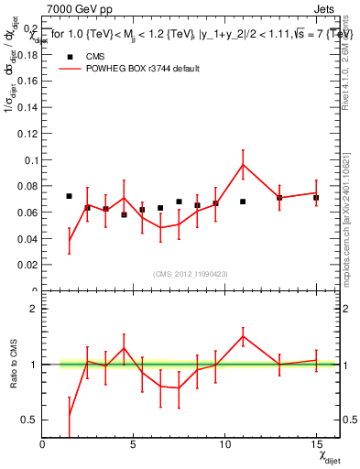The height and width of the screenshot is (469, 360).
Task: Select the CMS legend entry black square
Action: [x=70, y=56]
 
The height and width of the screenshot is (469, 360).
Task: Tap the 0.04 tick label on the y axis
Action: [x=27, y=239]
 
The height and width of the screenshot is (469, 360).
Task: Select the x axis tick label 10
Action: [x=224, y=444]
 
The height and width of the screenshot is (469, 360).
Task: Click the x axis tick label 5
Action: [x=134, y=444]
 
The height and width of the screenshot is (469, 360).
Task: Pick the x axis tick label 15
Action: [x=315, y=444]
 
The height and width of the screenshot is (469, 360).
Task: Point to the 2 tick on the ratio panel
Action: [x=35, y=309]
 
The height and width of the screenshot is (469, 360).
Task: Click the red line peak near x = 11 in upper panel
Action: [x=243, y=164]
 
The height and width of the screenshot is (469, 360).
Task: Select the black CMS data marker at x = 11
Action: [x=243, y=202]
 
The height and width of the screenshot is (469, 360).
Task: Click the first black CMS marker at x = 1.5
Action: [x=70, y=196]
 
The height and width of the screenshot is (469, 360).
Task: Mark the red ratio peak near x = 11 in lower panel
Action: [x=243, y=336]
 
